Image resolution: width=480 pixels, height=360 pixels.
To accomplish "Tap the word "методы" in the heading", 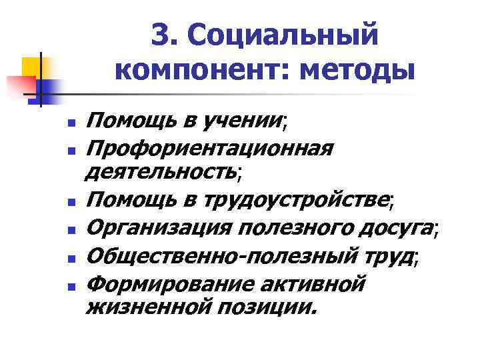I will point(357,69).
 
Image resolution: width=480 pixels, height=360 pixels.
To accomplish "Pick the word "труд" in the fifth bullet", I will point(388,256).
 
